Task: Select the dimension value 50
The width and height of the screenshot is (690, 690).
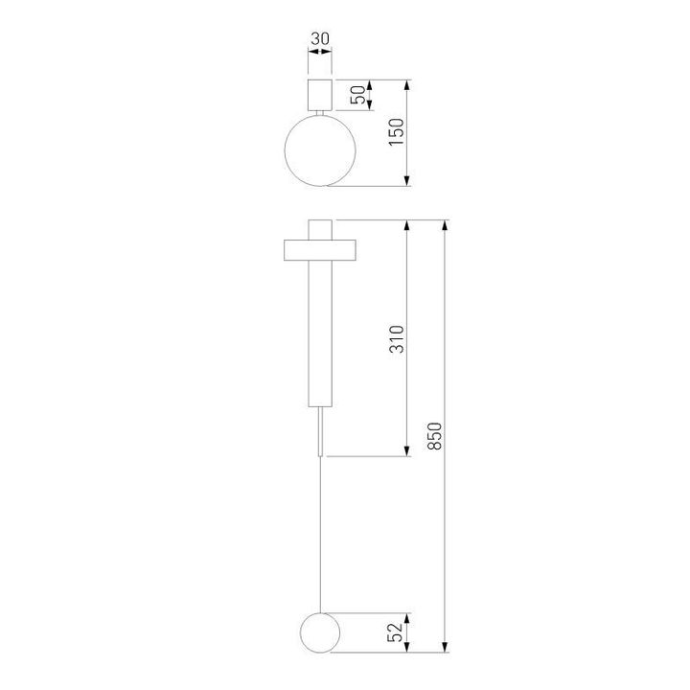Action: pyautogui.click(x=356, y=94)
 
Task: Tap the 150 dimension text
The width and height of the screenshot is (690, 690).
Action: pyautogui.click(x=397, y=130)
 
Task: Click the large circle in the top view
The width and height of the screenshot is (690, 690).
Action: pyautogui.click(x=320, y=150)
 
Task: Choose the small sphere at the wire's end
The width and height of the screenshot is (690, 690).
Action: pyautogui.click(x=319, y=632)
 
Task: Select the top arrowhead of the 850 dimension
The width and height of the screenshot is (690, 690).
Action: pyautogui.click(x=445, y=226)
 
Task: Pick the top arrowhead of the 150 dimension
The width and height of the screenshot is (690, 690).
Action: pyautogui.click(x=409, y=86)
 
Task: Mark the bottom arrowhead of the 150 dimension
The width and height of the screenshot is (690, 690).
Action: pyautogui.click(x=409, y=180)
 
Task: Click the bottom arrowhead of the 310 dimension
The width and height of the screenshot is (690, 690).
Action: pyautogui.click(x=409, y=449)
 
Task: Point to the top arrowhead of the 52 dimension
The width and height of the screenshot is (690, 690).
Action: pyautogui.click(x=409, y=619)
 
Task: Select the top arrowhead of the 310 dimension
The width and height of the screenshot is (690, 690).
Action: pyautogui.click(x=409, y=226)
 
